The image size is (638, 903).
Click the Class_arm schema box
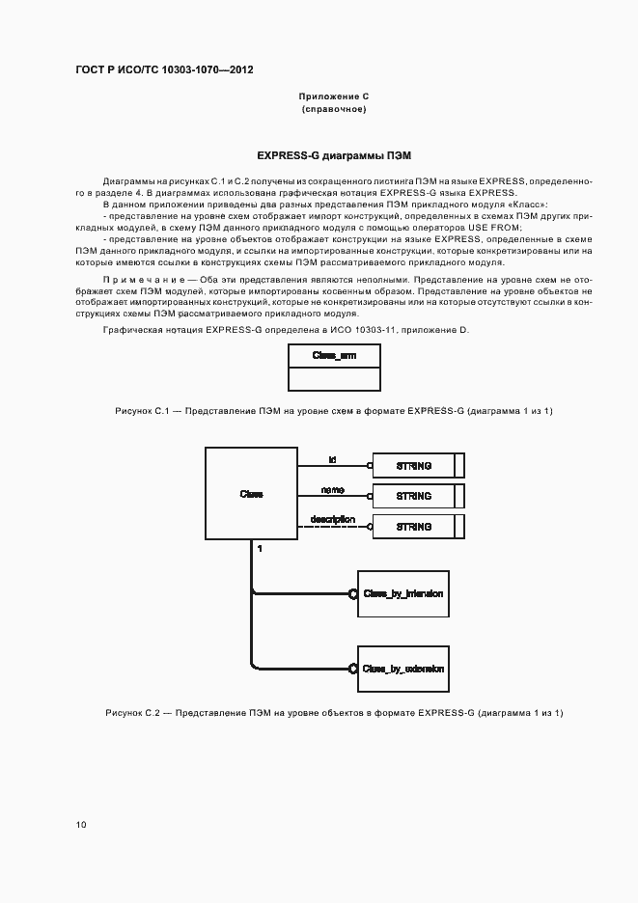[x=333, y=367]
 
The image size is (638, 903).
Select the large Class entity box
[x=251, y=494]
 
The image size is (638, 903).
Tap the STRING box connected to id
[x=414, y=465]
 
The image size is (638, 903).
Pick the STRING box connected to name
[x=414, y=496]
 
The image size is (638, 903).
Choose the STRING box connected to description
[x=414, y=527]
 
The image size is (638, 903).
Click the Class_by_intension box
[x=403, y=593]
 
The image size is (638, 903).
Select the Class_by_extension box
[x=403, y=667]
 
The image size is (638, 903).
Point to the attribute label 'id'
[x=332, y=458]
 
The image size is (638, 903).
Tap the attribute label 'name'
[x=332, y=490]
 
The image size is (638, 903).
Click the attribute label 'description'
[x=332, y=520]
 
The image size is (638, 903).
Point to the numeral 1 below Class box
[x=260, y=549]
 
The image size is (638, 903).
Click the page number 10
[x=81, y=824]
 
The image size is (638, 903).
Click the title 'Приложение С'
[x=334, y=97]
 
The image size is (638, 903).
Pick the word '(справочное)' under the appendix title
[x=334, y=110]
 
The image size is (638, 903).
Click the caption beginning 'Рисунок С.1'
[x=333, y=411]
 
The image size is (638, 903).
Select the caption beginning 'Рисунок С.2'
[x=333, y=712]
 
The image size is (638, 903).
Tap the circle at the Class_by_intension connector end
[x=354, y=593]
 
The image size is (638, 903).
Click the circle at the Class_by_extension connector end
[x=354, y=667]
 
